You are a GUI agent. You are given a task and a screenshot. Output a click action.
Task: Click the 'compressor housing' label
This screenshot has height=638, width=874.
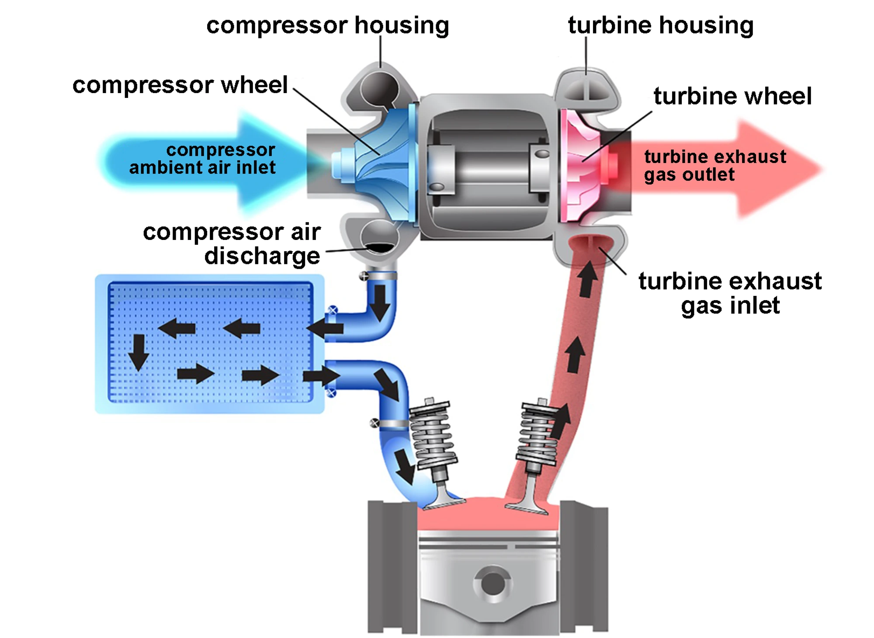tap(327, 25)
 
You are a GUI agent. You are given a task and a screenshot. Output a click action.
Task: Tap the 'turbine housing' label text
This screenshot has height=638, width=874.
tap(660, 25)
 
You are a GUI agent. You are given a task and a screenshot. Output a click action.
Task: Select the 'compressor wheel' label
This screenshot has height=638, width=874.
tap(180, 85)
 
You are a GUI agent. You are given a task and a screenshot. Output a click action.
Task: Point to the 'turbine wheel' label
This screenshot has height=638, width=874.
tap(732, 96)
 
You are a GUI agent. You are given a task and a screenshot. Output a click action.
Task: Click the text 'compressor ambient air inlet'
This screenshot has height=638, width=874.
tap(203, 159)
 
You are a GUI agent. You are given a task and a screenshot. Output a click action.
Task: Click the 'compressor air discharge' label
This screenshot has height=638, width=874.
tap(232, 244)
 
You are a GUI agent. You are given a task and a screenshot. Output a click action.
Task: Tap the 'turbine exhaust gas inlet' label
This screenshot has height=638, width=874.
tap(729, 293)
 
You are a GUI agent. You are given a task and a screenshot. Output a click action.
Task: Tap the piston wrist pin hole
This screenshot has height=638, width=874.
tap(492, 584)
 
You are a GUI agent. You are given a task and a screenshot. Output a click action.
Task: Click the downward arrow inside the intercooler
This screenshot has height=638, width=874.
tap(139, 352)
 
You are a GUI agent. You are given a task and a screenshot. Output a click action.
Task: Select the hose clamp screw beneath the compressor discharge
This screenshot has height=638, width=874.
tap(364, 276)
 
